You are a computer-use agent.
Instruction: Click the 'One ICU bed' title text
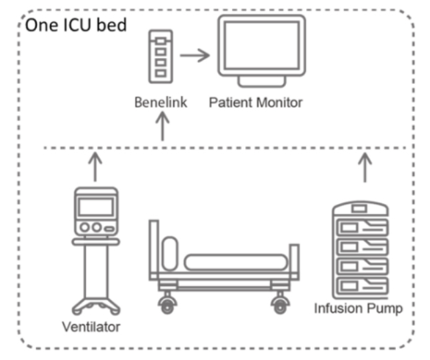pos(74,27)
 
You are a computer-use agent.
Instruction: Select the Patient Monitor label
pos(255,103)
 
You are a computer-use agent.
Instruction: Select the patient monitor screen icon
pos(261,46)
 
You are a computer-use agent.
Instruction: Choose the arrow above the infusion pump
pos(364,167)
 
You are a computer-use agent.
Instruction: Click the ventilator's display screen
pos(95,206)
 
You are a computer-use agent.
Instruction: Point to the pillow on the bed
pos(170,251)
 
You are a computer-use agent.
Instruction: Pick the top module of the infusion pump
pos(361,209)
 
